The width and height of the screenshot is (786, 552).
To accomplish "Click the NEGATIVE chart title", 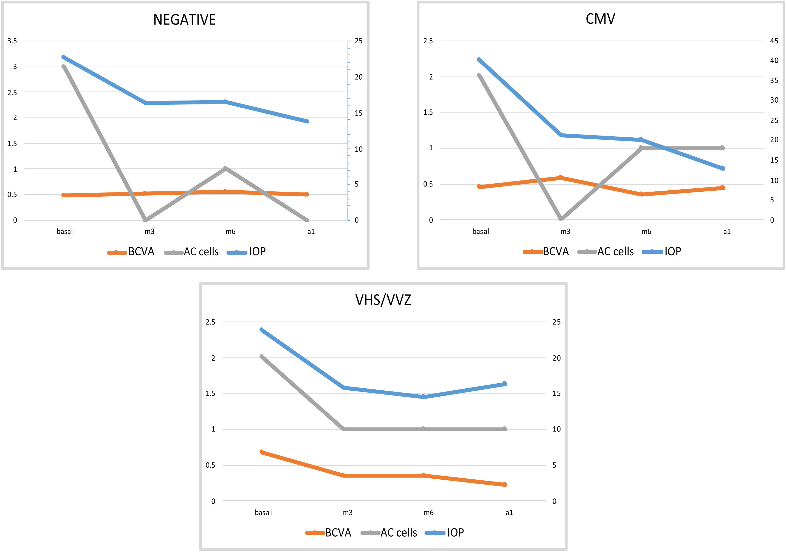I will click(184, 20).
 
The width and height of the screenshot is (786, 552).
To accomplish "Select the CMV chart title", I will click(600, 19).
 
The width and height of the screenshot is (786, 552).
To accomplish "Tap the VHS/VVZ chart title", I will click(383, 300).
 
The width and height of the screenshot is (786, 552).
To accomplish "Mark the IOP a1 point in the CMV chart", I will click(722, 168).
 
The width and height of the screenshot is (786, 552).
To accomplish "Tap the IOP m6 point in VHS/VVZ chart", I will click(424, 397).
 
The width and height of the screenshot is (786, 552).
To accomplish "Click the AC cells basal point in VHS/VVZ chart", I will click(262, 357).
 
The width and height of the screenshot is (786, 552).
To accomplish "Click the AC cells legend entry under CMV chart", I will click(606, 252).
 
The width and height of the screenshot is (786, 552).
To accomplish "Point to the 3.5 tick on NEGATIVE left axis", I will click(12, 41).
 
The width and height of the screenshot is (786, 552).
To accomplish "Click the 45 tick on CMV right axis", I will click(774, 41).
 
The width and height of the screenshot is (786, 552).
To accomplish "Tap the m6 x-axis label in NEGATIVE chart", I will click(230, 232).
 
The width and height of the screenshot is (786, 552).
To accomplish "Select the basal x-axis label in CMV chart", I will click(481, 232).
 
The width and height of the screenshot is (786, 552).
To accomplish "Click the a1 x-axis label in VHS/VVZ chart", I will click(509, 513).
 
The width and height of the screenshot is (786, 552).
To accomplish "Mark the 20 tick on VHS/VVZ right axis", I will click(557, 358).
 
